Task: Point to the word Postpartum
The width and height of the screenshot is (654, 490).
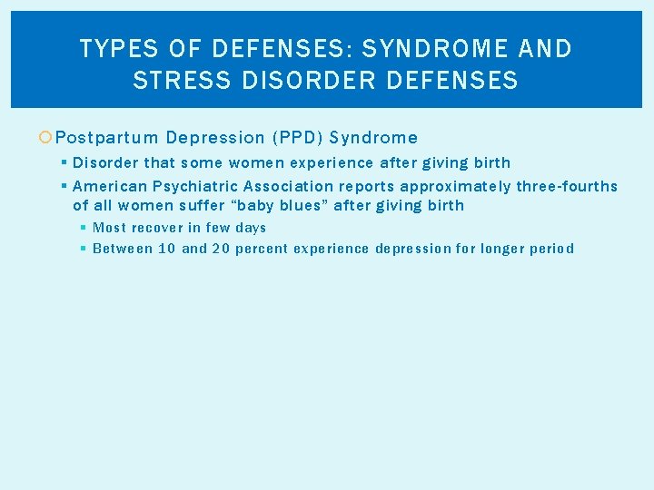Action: pos(107,138)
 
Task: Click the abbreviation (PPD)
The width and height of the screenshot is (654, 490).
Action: pos(295,138)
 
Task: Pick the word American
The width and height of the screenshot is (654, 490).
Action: pos(109,186)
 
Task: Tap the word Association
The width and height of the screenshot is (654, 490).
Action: pos(288,186)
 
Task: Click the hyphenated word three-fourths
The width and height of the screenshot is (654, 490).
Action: pos(566,186)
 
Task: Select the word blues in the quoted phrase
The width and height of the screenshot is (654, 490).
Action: pos(304,205)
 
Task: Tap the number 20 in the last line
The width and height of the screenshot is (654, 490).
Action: pos(222,249)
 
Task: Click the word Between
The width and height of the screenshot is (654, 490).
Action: pos(123,249)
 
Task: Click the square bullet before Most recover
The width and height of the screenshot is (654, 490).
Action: pos(84,228)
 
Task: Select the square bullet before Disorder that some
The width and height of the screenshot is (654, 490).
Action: pos(63,162)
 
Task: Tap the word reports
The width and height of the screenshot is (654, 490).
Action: pos(366,186)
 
